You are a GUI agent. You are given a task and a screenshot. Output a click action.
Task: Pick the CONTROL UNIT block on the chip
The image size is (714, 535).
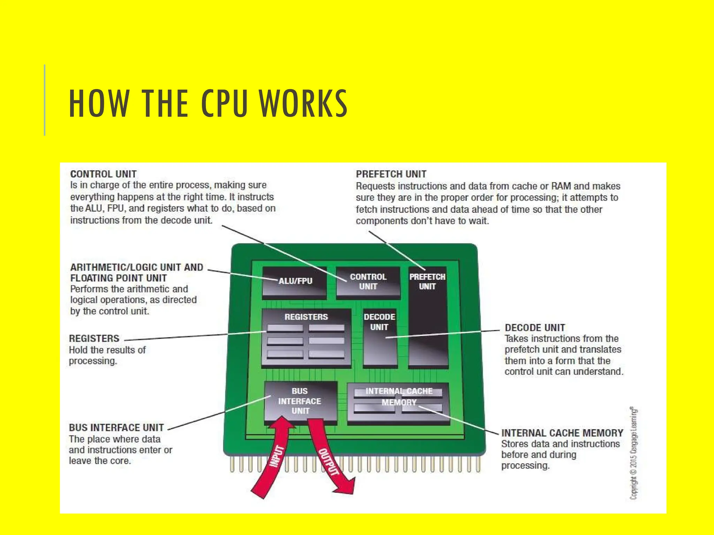[x=368, y=282]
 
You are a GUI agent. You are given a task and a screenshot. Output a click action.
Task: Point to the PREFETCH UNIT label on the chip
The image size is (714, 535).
[x=427, y=282]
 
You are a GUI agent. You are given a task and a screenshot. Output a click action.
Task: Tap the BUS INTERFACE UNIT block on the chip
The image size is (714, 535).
[x=300, y=401]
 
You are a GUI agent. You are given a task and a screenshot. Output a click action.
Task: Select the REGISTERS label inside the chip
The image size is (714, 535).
[x=306, y=317]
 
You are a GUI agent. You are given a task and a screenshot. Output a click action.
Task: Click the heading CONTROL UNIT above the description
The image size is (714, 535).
[x=104, y=174]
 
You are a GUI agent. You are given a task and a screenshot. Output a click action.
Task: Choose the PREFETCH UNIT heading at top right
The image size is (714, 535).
[x=391, y=174]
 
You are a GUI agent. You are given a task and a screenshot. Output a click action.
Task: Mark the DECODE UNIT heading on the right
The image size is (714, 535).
[x=535, y=328]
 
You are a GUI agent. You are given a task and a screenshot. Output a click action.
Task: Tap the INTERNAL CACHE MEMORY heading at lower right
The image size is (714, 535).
[x=562, y=433]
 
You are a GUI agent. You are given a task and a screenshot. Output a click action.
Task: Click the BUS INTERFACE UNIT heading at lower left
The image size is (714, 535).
[x=116, y=427]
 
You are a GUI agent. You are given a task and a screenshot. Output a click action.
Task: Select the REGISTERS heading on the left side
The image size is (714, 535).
[x=94, y=339]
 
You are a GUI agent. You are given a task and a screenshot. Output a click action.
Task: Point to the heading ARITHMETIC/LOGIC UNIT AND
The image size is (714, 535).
[x=137, y=267]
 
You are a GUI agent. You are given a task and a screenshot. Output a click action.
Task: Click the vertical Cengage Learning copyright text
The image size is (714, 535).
[x=633, y=453]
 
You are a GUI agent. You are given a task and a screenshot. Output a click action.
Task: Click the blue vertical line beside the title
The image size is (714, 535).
[x=45, y=100]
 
